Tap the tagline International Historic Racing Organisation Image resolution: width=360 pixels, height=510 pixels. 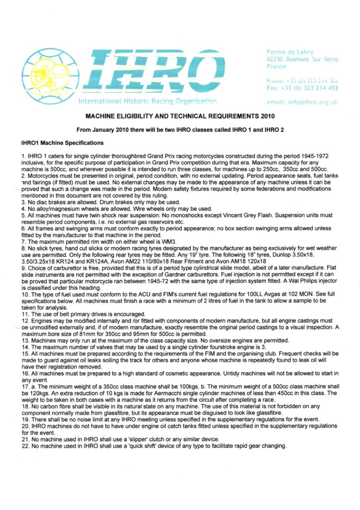(147, 102)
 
